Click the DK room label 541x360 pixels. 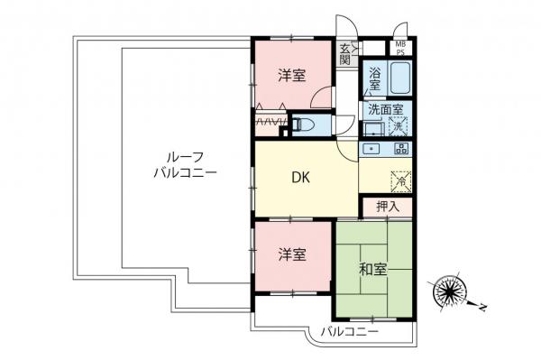point(300,179)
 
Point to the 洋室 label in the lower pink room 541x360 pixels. point(290,255)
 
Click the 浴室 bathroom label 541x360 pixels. point(374,78)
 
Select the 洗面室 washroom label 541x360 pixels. point(383,109)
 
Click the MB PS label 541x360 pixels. point(399,47)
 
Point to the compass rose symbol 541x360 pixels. point(448,291)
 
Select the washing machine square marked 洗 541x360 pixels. point(398,126)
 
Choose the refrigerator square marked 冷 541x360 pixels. point(399,180)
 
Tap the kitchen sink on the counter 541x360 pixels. point(371,147)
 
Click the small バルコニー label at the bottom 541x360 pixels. point(350,335)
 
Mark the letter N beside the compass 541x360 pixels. point(483,308)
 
